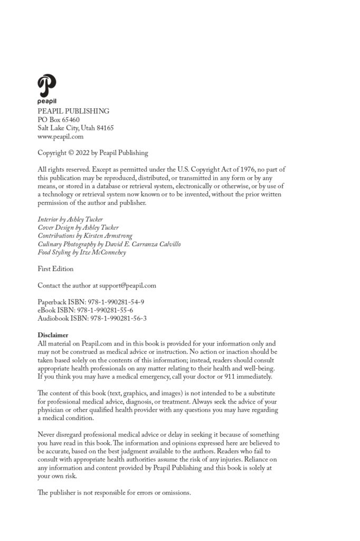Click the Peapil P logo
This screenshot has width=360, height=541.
point(46,86)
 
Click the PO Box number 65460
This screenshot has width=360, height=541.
point(70,119)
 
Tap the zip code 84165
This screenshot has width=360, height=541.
point(103,128)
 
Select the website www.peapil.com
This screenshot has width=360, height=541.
point(60,136)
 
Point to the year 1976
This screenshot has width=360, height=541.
point(243,170)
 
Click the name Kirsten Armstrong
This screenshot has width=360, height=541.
point(108,236)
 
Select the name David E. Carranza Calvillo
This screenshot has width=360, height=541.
point(144,244)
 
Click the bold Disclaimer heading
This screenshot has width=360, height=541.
point(53,335)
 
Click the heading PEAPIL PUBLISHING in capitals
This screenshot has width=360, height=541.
point(73,111)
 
